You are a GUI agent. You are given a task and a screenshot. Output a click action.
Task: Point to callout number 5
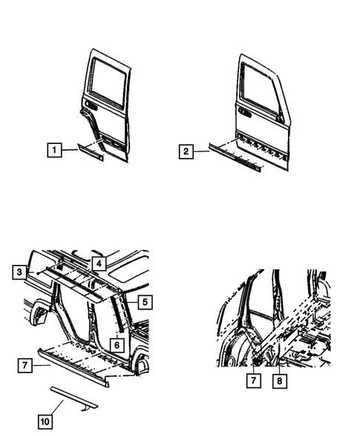145,302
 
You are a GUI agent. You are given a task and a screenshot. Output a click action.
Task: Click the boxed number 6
117,344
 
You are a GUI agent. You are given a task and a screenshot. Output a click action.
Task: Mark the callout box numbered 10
45,421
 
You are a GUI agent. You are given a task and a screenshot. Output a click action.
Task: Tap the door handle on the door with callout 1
90,105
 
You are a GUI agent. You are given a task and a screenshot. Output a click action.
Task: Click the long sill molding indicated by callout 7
74,364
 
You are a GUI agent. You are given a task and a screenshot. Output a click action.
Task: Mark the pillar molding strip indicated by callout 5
121,308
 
